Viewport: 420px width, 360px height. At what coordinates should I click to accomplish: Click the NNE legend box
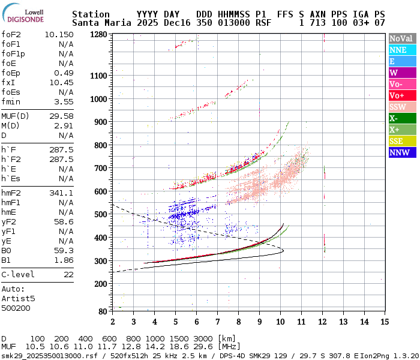(401, 50)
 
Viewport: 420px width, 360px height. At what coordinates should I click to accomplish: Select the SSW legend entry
(401, 107)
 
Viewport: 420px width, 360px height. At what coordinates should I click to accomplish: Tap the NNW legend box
(401, 152)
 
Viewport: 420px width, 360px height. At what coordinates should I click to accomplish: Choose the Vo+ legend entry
(401, 95)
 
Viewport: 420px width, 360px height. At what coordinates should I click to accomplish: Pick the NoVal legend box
(401, 38)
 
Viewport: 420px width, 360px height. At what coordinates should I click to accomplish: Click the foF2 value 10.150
(59, 34)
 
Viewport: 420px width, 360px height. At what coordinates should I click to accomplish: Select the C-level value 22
(68, 274)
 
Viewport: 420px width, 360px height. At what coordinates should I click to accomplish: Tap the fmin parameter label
(11, 101)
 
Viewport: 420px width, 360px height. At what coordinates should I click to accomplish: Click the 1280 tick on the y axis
(98, 35)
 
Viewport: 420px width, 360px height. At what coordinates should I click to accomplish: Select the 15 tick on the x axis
(384, 322)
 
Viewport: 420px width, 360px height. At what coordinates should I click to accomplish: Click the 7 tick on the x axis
(217, 322)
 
